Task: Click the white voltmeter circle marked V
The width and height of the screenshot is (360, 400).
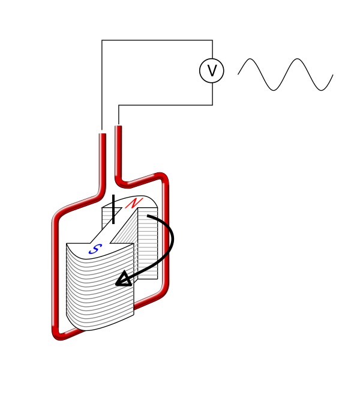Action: (211, 71)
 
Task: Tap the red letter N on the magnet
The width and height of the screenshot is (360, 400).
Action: (134, 204)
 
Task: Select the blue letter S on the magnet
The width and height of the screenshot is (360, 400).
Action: (95, 249)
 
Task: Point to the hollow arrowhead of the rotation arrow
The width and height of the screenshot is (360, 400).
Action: (124, 279)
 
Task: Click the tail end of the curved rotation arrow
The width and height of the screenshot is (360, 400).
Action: (148, 216)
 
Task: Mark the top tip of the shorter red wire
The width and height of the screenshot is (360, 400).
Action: (101, 133)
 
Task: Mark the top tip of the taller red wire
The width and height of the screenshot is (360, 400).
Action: (117, 126)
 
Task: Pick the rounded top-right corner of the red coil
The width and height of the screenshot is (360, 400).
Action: (162, 178)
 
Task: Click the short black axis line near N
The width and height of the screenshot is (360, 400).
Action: (113, 213)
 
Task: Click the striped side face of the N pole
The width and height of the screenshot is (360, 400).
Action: (148, 243)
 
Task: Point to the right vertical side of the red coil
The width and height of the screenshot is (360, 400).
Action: (165, 234)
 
